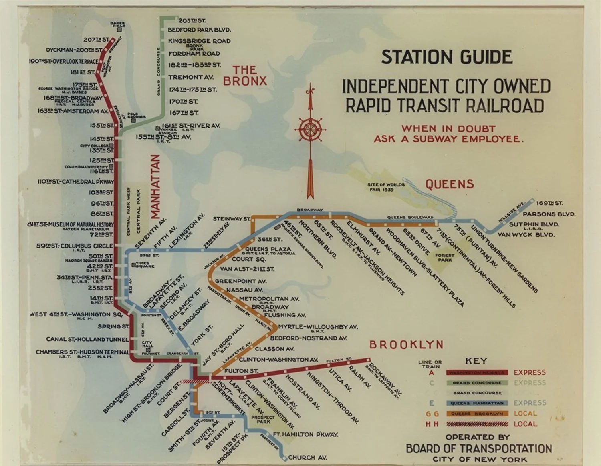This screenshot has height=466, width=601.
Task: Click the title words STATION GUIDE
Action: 446,57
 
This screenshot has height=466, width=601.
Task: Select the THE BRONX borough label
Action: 244,76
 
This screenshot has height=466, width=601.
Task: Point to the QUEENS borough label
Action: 449,184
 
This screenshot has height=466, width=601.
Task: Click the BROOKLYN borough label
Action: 406,344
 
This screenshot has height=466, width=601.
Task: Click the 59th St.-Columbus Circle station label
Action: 75,246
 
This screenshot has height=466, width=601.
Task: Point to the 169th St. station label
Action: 549,203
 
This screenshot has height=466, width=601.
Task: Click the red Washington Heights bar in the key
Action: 477,372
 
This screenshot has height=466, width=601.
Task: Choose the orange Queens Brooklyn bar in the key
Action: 477,414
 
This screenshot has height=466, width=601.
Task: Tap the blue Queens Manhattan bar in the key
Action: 477,403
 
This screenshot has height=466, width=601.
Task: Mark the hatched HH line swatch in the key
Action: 477,424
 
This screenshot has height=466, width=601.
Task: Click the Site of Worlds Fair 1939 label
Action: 386,187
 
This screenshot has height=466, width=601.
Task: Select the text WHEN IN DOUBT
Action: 448,129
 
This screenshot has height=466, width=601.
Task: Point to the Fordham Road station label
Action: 194,54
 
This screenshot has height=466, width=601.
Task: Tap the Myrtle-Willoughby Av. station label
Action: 317,327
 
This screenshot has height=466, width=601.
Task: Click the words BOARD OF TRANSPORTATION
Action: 479,448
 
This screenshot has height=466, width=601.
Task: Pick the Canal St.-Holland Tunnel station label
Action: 87,339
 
